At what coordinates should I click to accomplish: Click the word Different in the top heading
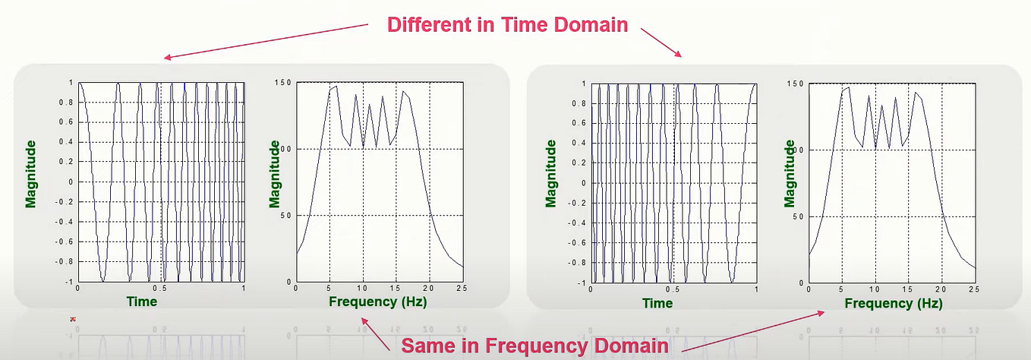point(426,24)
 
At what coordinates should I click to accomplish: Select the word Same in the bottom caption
point(429,346)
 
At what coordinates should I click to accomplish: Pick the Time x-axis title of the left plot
point(141,302)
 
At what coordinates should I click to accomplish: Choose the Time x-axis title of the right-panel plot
point(657,303)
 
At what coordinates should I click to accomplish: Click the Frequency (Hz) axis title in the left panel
point(377,302)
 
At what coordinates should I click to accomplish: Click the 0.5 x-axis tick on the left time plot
point(159,289)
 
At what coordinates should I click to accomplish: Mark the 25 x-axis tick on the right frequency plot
point(974,289)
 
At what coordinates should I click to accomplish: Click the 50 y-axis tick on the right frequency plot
point(796,216)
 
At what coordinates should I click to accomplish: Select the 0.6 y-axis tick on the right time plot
point(581,123)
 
